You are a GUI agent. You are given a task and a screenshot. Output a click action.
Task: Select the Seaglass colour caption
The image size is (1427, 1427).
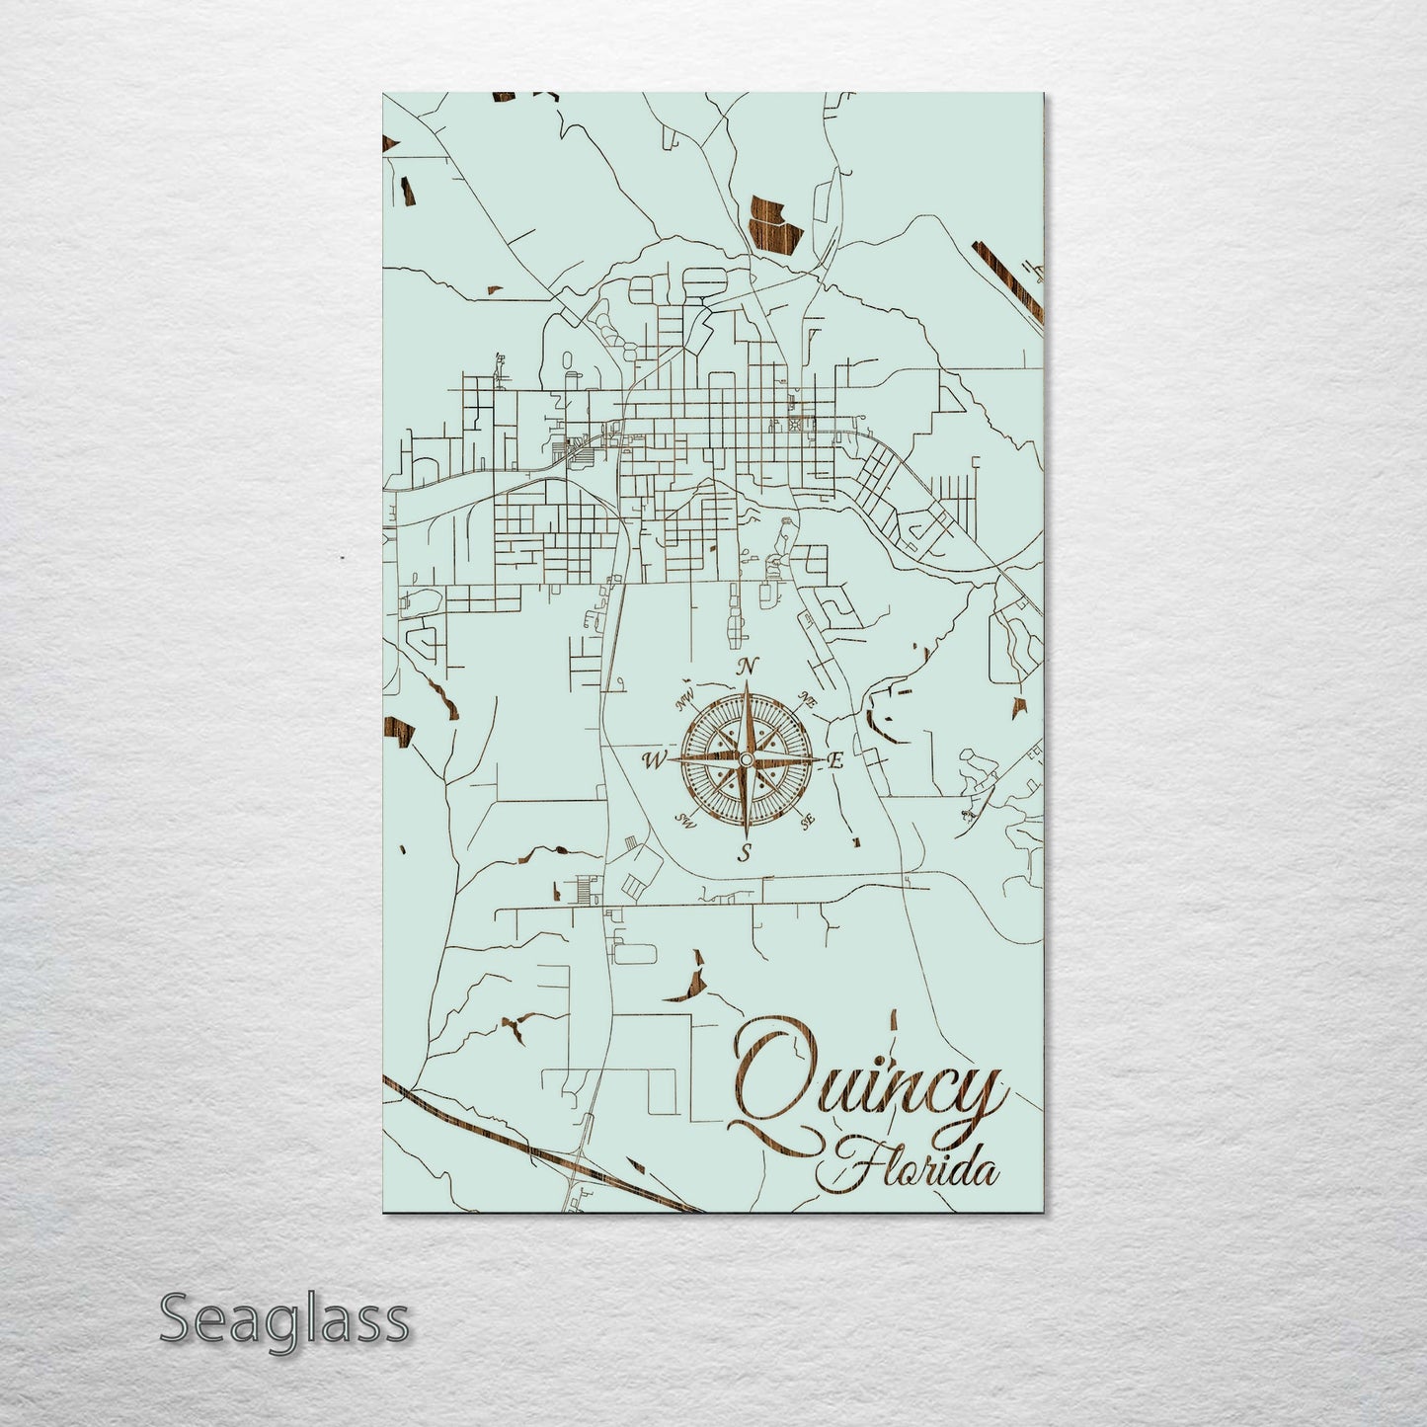tap(283, 1319)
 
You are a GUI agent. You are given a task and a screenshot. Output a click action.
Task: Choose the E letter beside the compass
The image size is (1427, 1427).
tap(835, 760)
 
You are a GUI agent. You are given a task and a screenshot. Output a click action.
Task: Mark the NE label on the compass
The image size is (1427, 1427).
tap(809, 700)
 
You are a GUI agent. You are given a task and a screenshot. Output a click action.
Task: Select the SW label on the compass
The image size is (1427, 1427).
tap(685, 820)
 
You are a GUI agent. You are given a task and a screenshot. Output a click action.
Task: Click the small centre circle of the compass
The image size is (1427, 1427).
tap(746, 758)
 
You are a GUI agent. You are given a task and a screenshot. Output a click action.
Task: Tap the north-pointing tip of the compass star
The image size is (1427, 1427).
tap(747, 683)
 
